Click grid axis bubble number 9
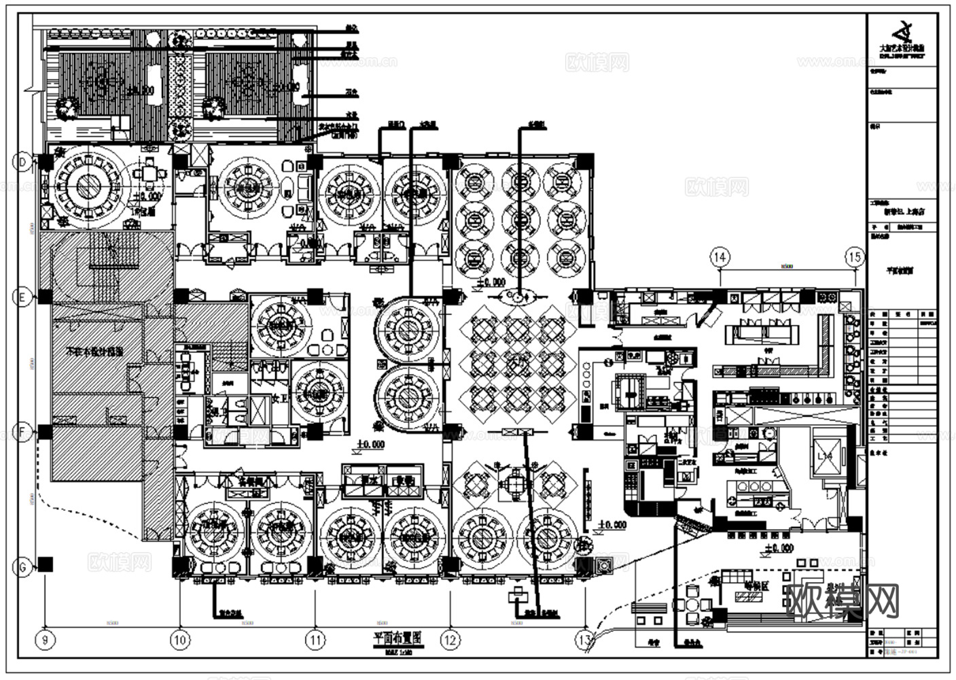click(45, 640)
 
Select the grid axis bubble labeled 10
click(180, 640)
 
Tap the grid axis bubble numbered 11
click(315, 640)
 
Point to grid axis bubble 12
click(450, 640)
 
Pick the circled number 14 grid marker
click(720, 257)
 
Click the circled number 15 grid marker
click(855, 257)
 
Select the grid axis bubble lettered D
click(23, 163)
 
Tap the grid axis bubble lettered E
click(23, 297)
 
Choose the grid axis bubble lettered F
click(23, 432)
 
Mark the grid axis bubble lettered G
click(23, 567)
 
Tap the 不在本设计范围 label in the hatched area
click(94, 352)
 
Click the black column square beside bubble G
click(46, 564)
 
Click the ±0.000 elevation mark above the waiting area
click(777, 548)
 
